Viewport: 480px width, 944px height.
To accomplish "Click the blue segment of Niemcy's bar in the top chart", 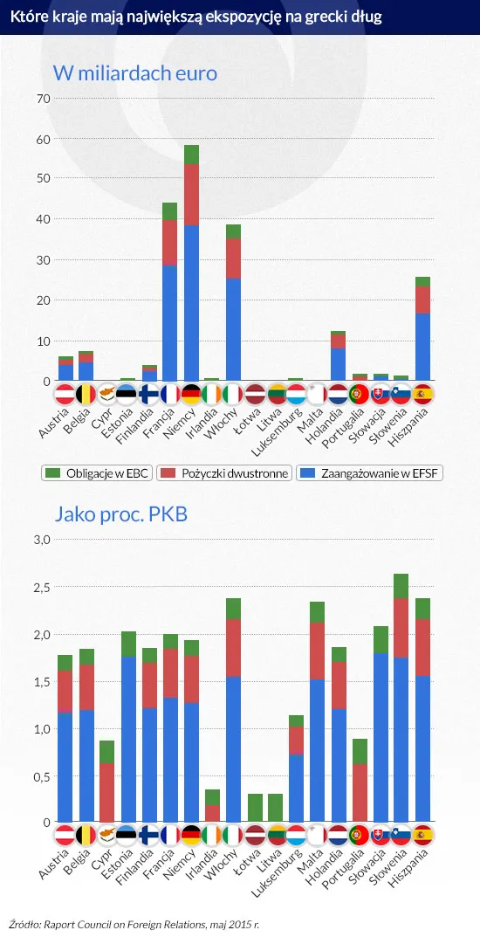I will pos(191,301).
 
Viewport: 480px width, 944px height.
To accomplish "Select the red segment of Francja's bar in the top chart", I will pos(170,243).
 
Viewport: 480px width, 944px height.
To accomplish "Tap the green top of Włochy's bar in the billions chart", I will pos(233,231).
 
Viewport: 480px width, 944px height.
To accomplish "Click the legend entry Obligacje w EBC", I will pos(98,472).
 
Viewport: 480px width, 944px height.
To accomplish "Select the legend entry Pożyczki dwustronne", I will pos(225,472).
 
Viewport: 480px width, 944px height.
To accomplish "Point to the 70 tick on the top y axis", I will pos(41,98).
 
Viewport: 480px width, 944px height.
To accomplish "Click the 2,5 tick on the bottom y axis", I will pos(40,587).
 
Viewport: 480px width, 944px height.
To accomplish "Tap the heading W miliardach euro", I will pos(135,72).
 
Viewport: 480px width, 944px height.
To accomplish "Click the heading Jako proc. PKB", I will pos(120,514).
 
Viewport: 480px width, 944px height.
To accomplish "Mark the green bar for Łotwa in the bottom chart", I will pos(255,808).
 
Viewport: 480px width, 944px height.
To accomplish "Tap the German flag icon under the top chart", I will pos(191,393).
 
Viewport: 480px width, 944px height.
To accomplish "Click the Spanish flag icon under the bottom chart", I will pos(422,835).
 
